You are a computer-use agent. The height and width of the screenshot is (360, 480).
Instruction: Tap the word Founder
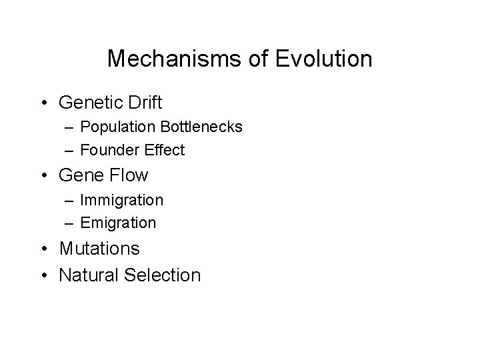pyautogui.click(x=107, y=150)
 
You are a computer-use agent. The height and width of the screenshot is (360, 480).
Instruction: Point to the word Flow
pyautogui.click(x=127, y=175)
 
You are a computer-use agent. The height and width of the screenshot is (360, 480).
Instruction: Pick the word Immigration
pyautogui.click(x=121, y=200)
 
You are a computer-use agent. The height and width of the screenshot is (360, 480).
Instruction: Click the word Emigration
pyautogui.click(x=118, y=223)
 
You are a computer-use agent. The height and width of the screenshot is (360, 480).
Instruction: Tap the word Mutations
pyautogui.click(x=99, y=249)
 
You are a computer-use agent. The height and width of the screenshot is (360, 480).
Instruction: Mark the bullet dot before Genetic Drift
pyautogui.click(x=43, y=103)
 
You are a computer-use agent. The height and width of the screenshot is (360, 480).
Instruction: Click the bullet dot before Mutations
pyautogui.click(x=43, y=249)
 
